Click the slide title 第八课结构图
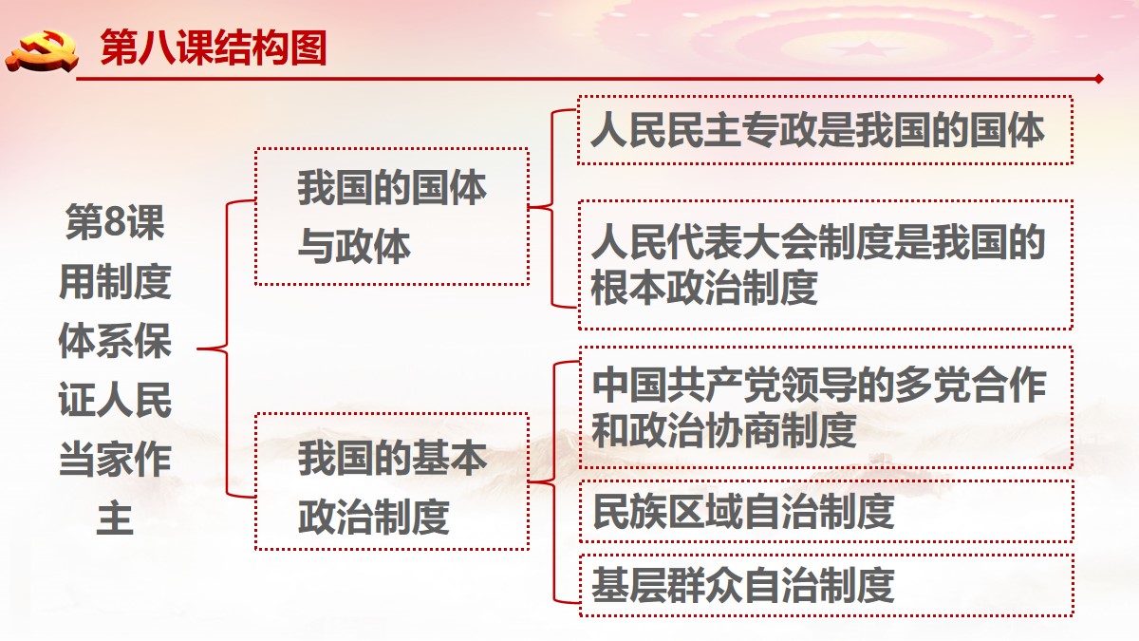[x=213, y=47]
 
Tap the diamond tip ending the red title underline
[x=1099, y=79]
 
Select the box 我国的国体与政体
[x=392, y=217]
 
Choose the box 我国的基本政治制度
[x=392, y=481]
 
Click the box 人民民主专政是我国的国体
[x=825, y=130]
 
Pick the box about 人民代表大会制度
[x=825, y=265]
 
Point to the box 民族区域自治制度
[x=827, y=511]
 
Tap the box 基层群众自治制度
[x=827, y=585]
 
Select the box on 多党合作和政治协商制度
[x=826, y=407]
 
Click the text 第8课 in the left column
[x=115, y=222]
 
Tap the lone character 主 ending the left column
[x=115, y=518]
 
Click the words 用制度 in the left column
[x=115, y=281]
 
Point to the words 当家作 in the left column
[x=115, y=459]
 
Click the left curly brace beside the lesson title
[x=226, y=349]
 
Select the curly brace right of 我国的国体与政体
[x=552, y=207]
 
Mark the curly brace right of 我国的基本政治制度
[x=553, y=481]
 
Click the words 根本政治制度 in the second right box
[x=703, y=287]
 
